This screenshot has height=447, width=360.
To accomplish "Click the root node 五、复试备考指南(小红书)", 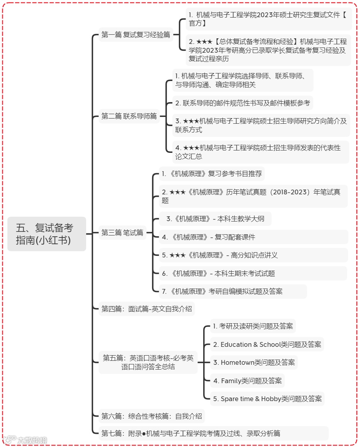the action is tap(47, 234).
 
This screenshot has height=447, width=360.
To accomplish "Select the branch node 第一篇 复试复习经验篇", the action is tap(136, 35).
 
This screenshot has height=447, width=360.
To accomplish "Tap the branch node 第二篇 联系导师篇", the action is tap(129, 116).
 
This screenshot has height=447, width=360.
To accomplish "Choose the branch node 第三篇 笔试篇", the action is tap(122, 232).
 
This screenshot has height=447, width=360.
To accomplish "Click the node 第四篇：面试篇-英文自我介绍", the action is tap(146, 309).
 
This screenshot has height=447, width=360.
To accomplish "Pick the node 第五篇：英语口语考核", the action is tap(148, 362).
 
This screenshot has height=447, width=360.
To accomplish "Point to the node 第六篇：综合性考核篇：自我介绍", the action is tap(152, 416).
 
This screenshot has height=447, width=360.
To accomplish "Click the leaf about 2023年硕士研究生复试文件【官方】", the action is tap(268, 19).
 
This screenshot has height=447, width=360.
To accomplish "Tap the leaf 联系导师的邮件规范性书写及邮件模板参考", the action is tap(242, 103).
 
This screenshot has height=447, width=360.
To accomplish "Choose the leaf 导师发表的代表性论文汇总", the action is tap(261, 152).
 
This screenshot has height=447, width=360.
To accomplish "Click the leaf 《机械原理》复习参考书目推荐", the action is tap(212, 174).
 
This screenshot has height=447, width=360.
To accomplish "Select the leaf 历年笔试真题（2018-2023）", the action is tap(253, 196).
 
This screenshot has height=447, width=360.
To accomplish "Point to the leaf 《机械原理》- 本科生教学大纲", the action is tap(215, 219).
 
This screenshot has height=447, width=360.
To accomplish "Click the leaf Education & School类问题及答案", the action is tap(267, 344).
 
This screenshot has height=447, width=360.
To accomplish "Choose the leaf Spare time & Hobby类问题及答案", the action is tap(267, 399).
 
